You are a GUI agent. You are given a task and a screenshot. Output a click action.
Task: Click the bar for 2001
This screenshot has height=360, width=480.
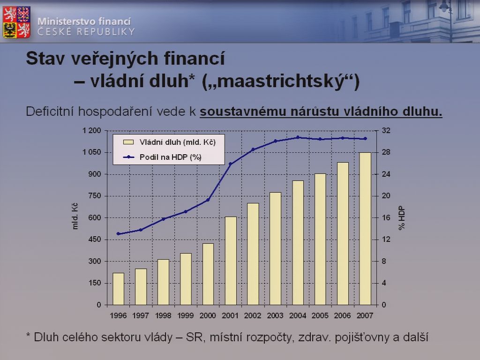coord(231,261)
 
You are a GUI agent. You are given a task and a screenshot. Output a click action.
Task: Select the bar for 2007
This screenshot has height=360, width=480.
coord(365,229)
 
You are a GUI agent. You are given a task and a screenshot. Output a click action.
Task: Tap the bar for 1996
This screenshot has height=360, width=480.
coord(119,289)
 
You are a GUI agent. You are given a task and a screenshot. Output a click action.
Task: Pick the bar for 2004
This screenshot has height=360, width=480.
coord(298,243)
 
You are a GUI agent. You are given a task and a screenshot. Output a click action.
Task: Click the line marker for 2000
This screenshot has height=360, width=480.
coord(208,200)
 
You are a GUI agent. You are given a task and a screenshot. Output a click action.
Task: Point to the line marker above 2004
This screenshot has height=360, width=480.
coord(298,137)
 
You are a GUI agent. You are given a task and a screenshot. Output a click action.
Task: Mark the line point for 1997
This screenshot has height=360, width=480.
coord(141,230)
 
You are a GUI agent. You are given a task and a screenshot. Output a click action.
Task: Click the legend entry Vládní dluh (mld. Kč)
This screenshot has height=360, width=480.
coord(169,142)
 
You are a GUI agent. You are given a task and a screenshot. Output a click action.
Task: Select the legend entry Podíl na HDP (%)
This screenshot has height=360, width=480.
coord(162,157)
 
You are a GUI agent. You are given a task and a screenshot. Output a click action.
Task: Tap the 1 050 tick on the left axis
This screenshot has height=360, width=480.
coord(91,152)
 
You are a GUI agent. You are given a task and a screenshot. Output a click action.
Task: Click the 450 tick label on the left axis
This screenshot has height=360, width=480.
coord(95,240)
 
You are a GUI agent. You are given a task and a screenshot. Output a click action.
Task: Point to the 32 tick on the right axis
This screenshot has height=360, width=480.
coord(386,131)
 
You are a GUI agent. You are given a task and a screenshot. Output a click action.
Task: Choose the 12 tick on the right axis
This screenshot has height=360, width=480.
coord(386,240)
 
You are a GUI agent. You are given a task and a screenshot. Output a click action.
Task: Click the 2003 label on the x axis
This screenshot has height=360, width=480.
coord(275,315)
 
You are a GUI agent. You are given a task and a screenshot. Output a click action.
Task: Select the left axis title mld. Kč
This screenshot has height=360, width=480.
coord(75,216)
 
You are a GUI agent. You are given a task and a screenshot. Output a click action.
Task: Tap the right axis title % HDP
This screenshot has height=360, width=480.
coord(402,218)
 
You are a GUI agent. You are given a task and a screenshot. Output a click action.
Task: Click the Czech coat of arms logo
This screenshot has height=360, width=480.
coord(16,22)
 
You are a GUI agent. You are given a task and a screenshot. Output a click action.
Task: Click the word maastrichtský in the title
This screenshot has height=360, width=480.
coord(281,82)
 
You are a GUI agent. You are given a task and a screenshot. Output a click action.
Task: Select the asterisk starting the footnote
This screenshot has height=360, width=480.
coord(28,335)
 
